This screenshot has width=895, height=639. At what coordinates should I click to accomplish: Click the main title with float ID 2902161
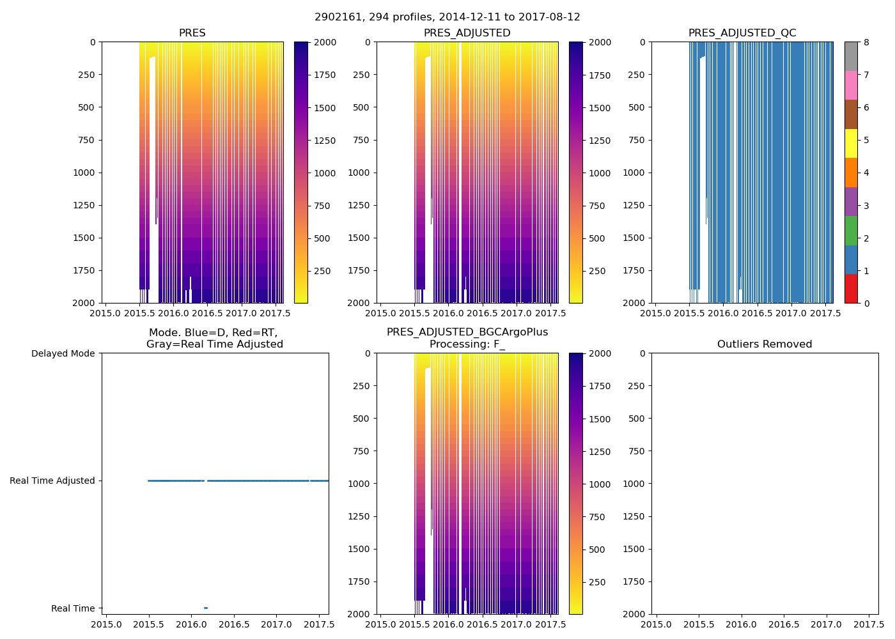(x=447, y=17)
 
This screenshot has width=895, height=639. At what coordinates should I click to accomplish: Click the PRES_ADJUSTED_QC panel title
(x=742, y=33)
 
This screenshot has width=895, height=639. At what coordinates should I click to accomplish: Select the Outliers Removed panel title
(x=765, y=344)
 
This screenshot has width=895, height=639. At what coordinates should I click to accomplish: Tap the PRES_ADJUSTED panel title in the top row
(x=467, y=33)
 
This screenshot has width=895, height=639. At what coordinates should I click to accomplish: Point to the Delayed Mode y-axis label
(x=63, y=353)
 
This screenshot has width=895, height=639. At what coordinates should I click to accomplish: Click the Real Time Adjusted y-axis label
(x=52, y=481)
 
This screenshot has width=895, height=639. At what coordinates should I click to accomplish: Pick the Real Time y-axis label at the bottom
(x=73, y=608)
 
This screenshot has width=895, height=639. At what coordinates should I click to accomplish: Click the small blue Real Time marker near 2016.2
(x=206, y=608)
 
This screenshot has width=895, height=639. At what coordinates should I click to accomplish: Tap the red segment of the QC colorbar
(x=851, y=289)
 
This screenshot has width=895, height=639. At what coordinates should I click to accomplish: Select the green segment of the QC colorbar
(x=851, y=231)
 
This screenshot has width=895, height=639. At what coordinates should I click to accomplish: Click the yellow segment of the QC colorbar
(x=851, y=144)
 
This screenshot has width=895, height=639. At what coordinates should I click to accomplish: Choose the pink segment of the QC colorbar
(x=851, y=86)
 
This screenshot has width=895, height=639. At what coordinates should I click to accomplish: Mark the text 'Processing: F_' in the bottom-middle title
(x=467, y=344)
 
